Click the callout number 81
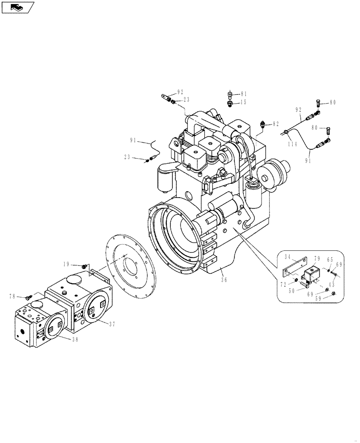(244, 94)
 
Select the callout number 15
(244, 102)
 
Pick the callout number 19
(67, 265)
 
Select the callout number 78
(13, 296)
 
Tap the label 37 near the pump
(112, 324)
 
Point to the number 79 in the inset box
(317, 259)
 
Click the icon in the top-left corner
(18, 7)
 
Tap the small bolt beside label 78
(27, 297)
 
